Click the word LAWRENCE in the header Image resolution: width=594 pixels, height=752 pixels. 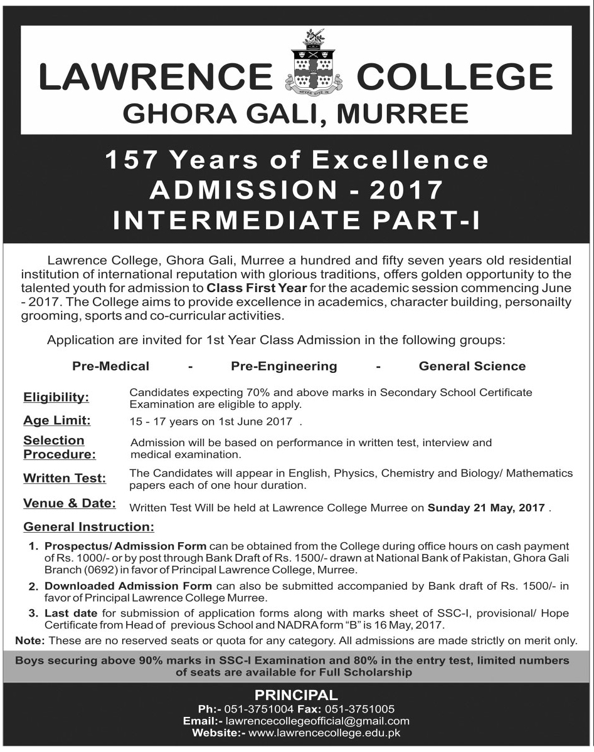[x=156, y=78]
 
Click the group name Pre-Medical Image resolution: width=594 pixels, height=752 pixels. [x=110, y=366]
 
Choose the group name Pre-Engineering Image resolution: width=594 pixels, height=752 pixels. [x=284, y=366]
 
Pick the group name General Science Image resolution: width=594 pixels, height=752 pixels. [x=472, y=366]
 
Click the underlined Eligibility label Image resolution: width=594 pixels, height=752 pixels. [x=56, y=397]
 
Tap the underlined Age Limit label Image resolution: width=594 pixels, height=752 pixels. [x=57, y=420]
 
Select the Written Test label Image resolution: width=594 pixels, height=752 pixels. [x=65, y=478]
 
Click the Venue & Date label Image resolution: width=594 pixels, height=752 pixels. [x=70, y=503]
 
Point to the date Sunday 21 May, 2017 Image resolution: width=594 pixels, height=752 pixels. [x=487, y=509]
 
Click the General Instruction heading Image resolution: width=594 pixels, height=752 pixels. [x=88, y=527]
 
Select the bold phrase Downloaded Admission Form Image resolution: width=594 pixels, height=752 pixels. [x=129, y=586]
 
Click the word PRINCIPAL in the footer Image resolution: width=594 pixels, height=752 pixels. [x=296, y=694]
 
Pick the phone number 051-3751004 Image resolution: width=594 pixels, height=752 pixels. [x=262, y=709]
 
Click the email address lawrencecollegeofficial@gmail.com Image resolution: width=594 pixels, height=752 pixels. [x=317, y=721]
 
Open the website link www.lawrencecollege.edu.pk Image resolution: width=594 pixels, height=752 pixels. [x=325, y=733]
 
